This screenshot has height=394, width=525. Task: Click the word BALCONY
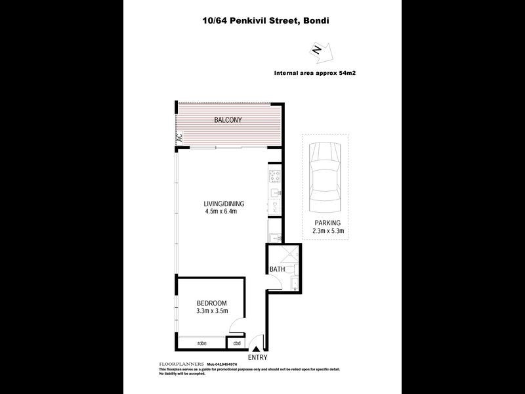pos(228,120)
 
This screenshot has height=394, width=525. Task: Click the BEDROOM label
pos(211,303)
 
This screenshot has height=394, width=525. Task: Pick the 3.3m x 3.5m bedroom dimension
pos(211,311)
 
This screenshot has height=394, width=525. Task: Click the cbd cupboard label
pos(236,343)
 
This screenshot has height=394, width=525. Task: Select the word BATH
pos(276,269)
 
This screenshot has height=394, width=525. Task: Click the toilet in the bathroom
pos(291,269)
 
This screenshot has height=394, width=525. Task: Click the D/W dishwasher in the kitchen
pos(274,207)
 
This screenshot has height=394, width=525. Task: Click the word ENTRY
pos(257,358)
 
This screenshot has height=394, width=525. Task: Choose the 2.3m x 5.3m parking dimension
pos(327,231)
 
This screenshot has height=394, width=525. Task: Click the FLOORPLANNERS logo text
pos(181,363)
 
